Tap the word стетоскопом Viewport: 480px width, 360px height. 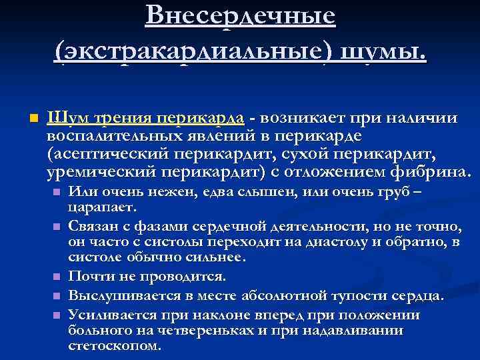pyautogui.click(x=114, y=346)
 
